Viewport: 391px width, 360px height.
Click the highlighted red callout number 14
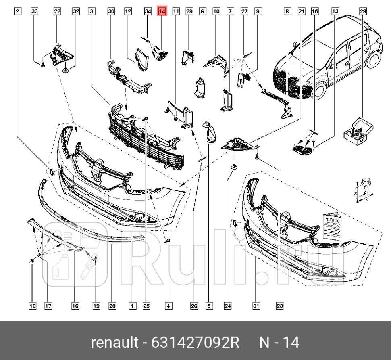pos(162,11)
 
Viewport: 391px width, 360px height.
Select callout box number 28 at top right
pos(363,11)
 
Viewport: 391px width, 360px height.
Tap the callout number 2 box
pos(17,11)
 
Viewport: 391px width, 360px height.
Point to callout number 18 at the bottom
pos(32,306)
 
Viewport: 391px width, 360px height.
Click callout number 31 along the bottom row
pos(256,306)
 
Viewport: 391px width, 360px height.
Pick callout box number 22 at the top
pos(57,11)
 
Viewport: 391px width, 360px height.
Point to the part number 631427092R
pos(195,343)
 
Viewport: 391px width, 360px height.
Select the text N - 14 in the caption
pos(279,343)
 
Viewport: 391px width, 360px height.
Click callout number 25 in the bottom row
pos(146,306)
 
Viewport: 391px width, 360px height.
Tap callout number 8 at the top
pos(287,11)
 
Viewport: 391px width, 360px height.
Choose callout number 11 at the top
pos(176,11)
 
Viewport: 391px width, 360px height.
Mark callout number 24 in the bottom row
pos(228,306)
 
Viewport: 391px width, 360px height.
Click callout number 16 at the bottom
pos(75,306)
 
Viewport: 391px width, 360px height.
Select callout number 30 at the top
pos(111,11)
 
